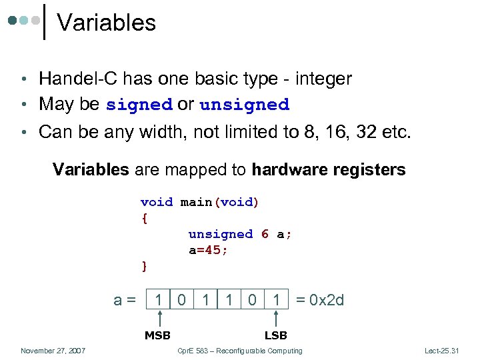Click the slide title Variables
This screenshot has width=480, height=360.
(x=107, y=23)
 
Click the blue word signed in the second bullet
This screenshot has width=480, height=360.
(x=139, y=105)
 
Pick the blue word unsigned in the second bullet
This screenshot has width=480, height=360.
(x=244, y=105)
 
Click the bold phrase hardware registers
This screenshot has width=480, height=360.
(x=328, y=170)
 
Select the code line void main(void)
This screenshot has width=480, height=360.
(x=199, y=202)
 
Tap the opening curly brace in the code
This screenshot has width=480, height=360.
(x=144, y=218)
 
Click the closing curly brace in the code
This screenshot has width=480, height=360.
(x=144, y=266)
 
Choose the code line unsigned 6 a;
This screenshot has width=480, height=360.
(x=240, y=234)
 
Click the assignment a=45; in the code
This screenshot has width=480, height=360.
(x=208, y=250)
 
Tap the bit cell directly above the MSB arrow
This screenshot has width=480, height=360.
(x=158, y=300)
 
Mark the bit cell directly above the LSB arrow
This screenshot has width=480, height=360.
(x=275, y=300)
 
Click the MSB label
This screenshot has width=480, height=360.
(x=157, y=335)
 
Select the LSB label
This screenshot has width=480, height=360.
(x=275, y=335)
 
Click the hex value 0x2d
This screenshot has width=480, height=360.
(x=320, y=300)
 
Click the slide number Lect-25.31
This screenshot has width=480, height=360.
(x=442, y=351)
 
